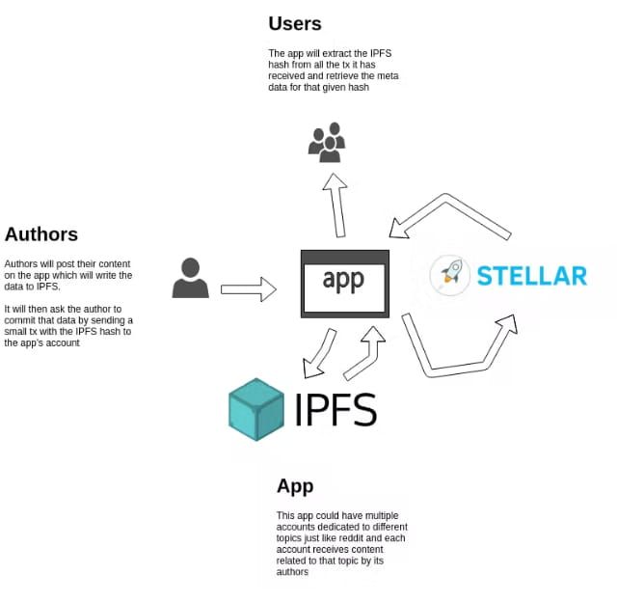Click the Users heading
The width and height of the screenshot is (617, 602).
[x=295, y=24]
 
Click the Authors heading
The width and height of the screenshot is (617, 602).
[x=41, y=234]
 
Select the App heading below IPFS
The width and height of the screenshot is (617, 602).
[x=295, y=485]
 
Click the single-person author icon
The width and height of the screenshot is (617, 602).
[x=190, y=278]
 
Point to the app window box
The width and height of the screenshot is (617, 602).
[x=345, y=284]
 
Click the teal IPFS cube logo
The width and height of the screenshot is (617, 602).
[x=256, y=409]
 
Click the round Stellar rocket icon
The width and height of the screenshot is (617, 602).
[x=449, y=275]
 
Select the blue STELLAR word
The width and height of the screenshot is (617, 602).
[x=531, y=276]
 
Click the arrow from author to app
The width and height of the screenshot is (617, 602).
[x=248, y=288]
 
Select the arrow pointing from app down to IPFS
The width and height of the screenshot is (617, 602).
[x=319, y=354]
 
